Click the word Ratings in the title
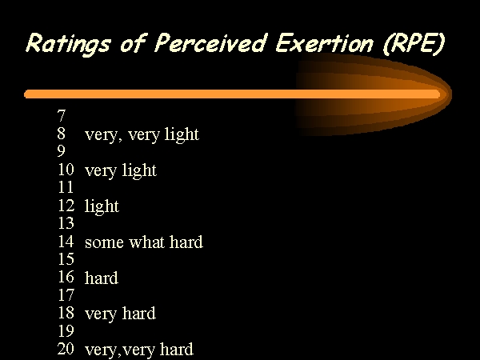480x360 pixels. (x=68, y=44)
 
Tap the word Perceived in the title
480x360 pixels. (x=210, y=43)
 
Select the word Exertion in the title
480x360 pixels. (x=324, y=43)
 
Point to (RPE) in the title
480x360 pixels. (x=414, y=44)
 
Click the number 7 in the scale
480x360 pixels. (x=62, y=116)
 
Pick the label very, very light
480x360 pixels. (x=142, y=134)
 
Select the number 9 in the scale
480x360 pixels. (x=62, y=151)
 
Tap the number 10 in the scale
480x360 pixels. (x=66, y=170)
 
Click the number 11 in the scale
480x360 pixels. (x=66, y=187)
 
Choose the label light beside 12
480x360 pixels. (x=102, y=206)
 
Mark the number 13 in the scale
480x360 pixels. (x=66, y=223)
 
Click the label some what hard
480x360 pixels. (x=144, y=242)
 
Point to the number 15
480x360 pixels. (x=66, y=259)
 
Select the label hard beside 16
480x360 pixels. (x=102, y=278)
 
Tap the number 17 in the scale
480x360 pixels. (x=66, y=295)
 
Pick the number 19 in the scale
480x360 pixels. (x=66, y=331)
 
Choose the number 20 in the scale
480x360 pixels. (x=66, y=349)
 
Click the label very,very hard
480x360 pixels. (x=139, y=350)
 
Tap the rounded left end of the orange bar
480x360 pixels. (x=27, y=94)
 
